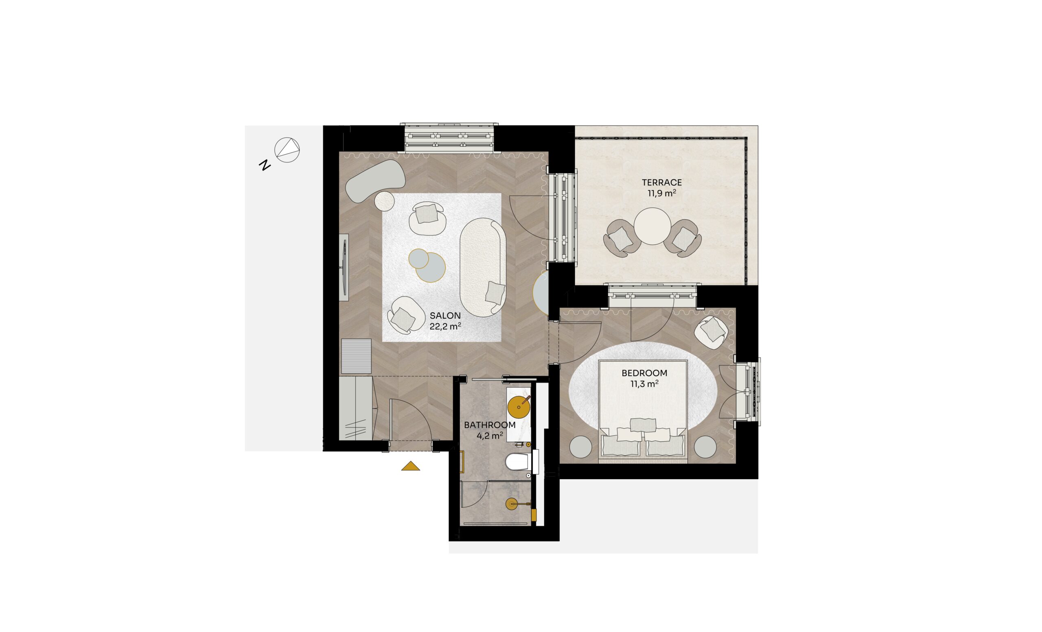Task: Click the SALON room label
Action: pyautogui.click(x=445, y=316)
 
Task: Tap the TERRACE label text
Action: pyautogui.click(x=662, y=183)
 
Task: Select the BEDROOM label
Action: pyautogui.click(x=644, y=373)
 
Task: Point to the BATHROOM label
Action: pyautogui.click(x=490, y=425)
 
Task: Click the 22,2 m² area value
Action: pyautogui.click(x=445, y=326)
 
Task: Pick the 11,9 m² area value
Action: pyautogui.click(x=662, y=193)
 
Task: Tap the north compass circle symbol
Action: pyautogui.click(x=287, y=150)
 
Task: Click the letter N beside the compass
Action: pyautogui.click(x=265, y=165)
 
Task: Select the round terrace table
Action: pyautogui.click(x=652, y=226)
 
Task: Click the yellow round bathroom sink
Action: pyautogui.click(x=519, y=407)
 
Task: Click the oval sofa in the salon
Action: pyautogui.click(x=483, y=267)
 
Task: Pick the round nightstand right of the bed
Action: pyautogui.click(x=705, y=447)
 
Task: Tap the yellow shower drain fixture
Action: pyautogui.click(x=512, y=504)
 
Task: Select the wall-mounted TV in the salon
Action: pyautogui.click(x=345, y=267)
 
